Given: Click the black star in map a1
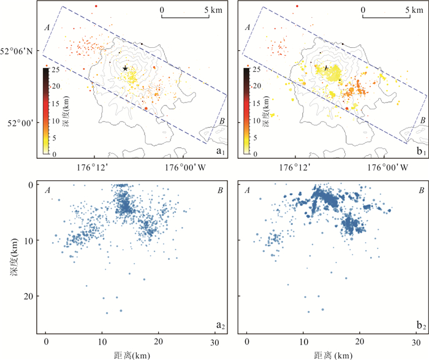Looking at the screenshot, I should (x=125, y=69).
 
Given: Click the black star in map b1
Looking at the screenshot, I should (x=326, y=68).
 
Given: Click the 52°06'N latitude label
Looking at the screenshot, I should (x=20, y=52).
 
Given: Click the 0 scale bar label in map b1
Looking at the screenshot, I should (x=363, y=10).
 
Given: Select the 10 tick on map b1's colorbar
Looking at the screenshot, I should (x=258, y=120).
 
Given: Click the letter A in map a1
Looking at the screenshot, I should (x=47, y=28).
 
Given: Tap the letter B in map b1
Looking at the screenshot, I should (x=421, y=121).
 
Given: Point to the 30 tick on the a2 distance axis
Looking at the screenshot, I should (x=214, y=341).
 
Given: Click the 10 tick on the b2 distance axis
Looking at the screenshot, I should (x=303, y=341).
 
